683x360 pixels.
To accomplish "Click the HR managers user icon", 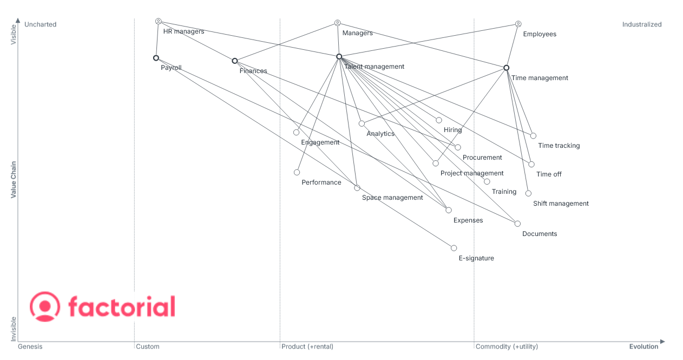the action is click(x=158, y=21).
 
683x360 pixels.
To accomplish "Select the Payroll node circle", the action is click(x=156, y=58).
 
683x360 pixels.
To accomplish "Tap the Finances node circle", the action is click(x=234, y=61).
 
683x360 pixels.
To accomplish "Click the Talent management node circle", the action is click(x=339, y=57).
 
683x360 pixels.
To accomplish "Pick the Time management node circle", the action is click(x=506, y=68).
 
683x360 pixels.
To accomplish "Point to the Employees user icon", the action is click(x=518, y=24).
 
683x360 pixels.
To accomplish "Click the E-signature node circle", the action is click(x=454, y=248).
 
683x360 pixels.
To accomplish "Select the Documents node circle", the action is click(x=517, y=224).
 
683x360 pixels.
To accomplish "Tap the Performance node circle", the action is click(x=297, y=172).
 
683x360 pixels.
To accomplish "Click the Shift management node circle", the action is click(x=528, y=193).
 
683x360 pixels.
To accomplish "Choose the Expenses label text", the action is click(x=468, y=220).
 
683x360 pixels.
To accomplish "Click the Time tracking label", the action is click(x=559, y=146).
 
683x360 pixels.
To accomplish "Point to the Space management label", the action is click(x=392, y=198).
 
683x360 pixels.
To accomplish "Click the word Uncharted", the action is click(x=40, y=24).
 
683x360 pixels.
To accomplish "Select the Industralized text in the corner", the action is click(x=642, y=24).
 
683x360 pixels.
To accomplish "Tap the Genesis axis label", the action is click(x=30, y=346).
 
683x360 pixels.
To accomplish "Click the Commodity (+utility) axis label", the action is click(x=507, y=346).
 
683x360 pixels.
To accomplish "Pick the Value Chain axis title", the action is click(x=14, y=180).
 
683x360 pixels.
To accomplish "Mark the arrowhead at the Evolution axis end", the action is click(x=662, y=342).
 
